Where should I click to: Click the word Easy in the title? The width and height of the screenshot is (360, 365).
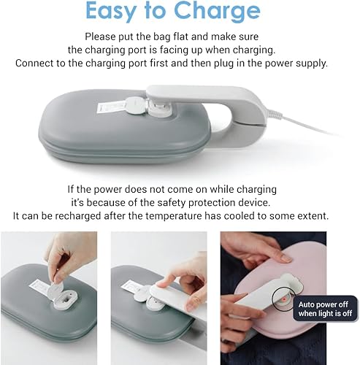112,11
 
